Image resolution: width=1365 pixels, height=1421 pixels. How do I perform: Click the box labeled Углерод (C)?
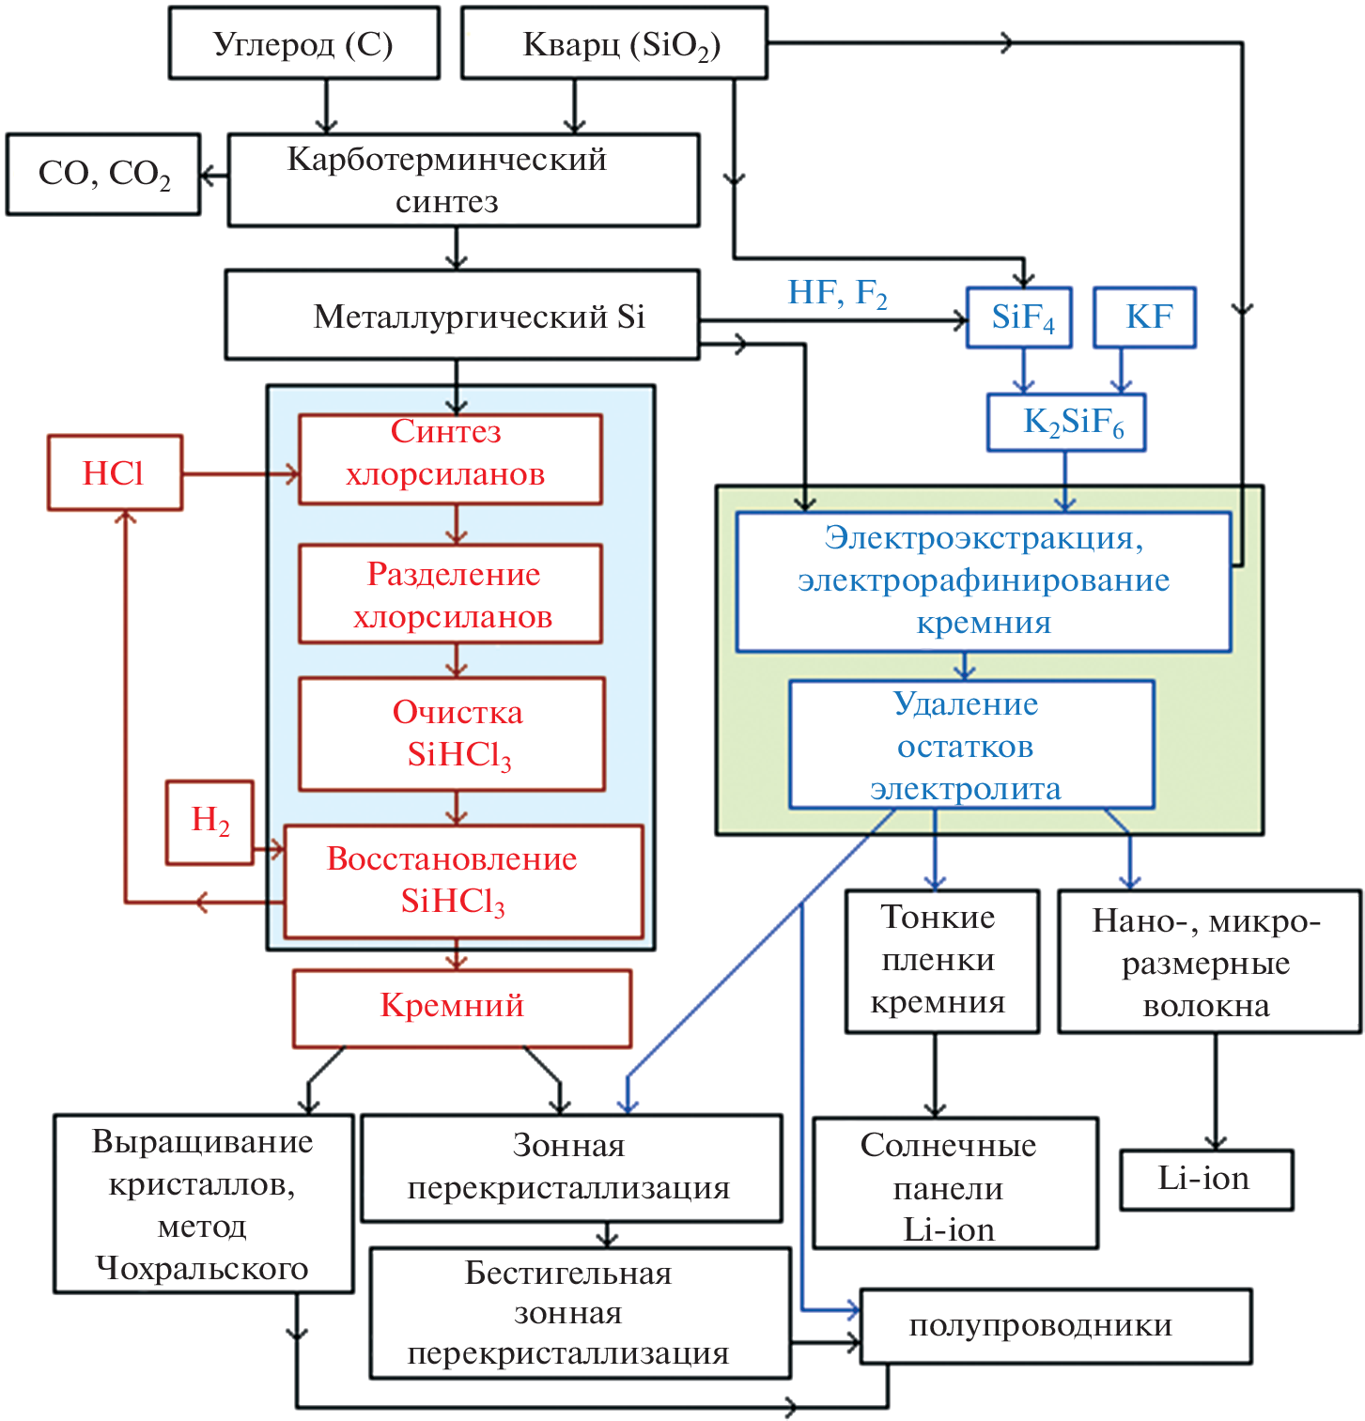(x=303, y=44)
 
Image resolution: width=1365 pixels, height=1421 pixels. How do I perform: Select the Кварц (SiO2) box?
(x=613, y=44)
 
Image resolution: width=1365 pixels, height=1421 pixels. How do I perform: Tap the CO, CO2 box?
(x=103, y=175)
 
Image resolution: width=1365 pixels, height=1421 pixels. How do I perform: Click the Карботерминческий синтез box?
(x=463, y=180)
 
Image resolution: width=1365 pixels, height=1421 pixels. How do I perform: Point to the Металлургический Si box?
(x=462, y=316)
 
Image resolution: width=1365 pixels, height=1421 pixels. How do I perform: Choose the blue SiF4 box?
(x=1019, y=317)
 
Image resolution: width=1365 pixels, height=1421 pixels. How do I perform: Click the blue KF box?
(x=1145, y=317)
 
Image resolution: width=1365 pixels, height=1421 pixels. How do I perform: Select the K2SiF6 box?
(x=1066, y=423)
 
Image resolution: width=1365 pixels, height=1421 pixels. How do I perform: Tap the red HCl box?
(x=115, y=472)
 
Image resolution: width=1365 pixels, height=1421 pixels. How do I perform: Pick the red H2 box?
(x=209, y=822)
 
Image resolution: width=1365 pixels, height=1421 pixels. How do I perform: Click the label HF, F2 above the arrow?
(x=837, y=294)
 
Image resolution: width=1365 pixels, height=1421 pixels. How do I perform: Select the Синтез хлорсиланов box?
(x=450, y=459)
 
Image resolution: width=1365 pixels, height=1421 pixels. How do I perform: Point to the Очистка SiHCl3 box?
(x=452, y=734)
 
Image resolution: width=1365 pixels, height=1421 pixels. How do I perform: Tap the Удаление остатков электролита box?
(x=971, y=745)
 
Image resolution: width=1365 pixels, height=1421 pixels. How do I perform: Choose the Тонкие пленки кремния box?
(x=942, y=961)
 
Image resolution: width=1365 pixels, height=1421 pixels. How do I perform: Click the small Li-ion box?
(x=1206, y=1180)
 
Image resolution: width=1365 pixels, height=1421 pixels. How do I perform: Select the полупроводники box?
(x=1056, y=1325)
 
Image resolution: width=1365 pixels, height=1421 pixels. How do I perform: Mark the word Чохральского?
(x=202, y=1268)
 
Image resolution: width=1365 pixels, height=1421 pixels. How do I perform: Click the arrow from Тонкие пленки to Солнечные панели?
(x=935, y=1075)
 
